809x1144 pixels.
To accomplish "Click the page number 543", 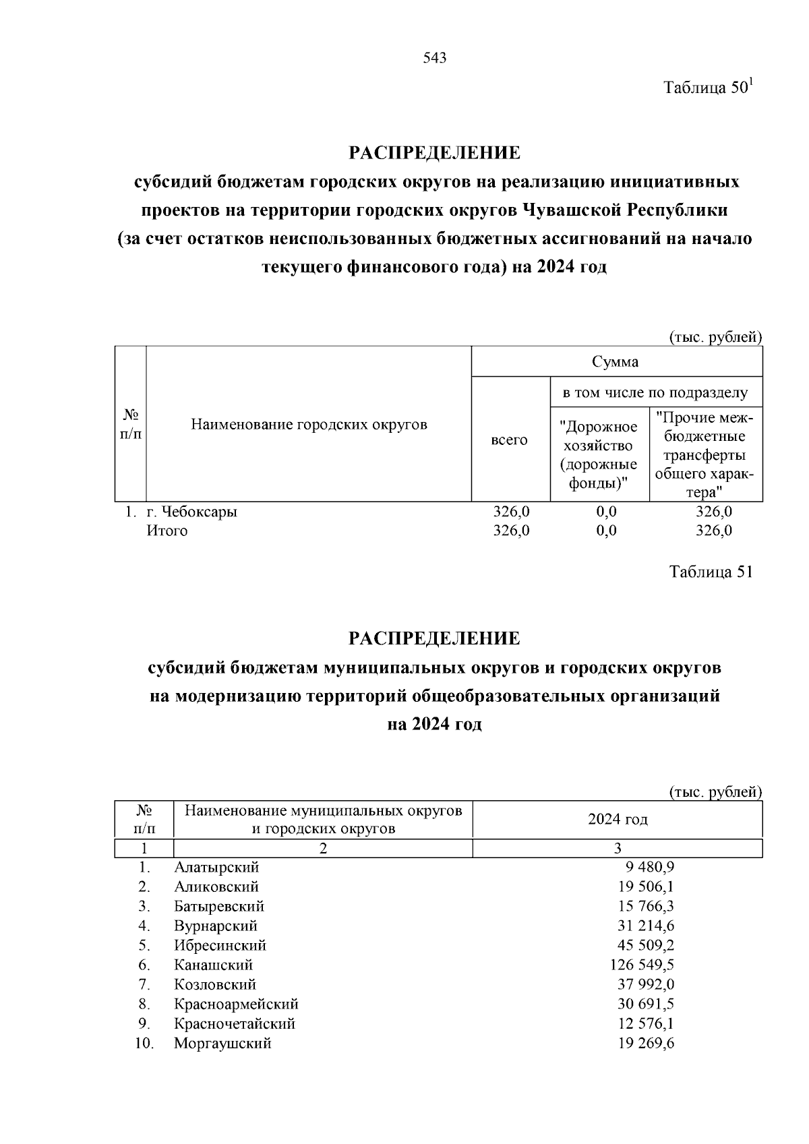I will click(x=435, y=58).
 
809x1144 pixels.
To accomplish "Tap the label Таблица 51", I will click(x=710, y=572).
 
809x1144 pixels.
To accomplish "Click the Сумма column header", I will click(x=616, y=361).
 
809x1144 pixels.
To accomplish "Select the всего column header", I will click(x=510, y=440).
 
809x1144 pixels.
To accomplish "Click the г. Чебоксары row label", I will click(x=192, y=512).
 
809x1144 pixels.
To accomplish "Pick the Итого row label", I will click(x=167, y=531).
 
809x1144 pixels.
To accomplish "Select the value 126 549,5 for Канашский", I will click(x=642, y=965).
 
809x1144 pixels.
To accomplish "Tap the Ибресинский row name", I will click(x=220, y=945).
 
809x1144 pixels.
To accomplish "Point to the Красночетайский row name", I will click(x=235, y=1023).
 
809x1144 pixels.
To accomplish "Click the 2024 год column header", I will click(x=618, y=819).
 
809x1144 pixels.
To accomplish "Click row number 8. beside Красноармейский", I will click(x=144, y=1004).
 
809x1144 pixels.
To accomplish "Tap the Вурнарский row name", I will click(x=216, y=926).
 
